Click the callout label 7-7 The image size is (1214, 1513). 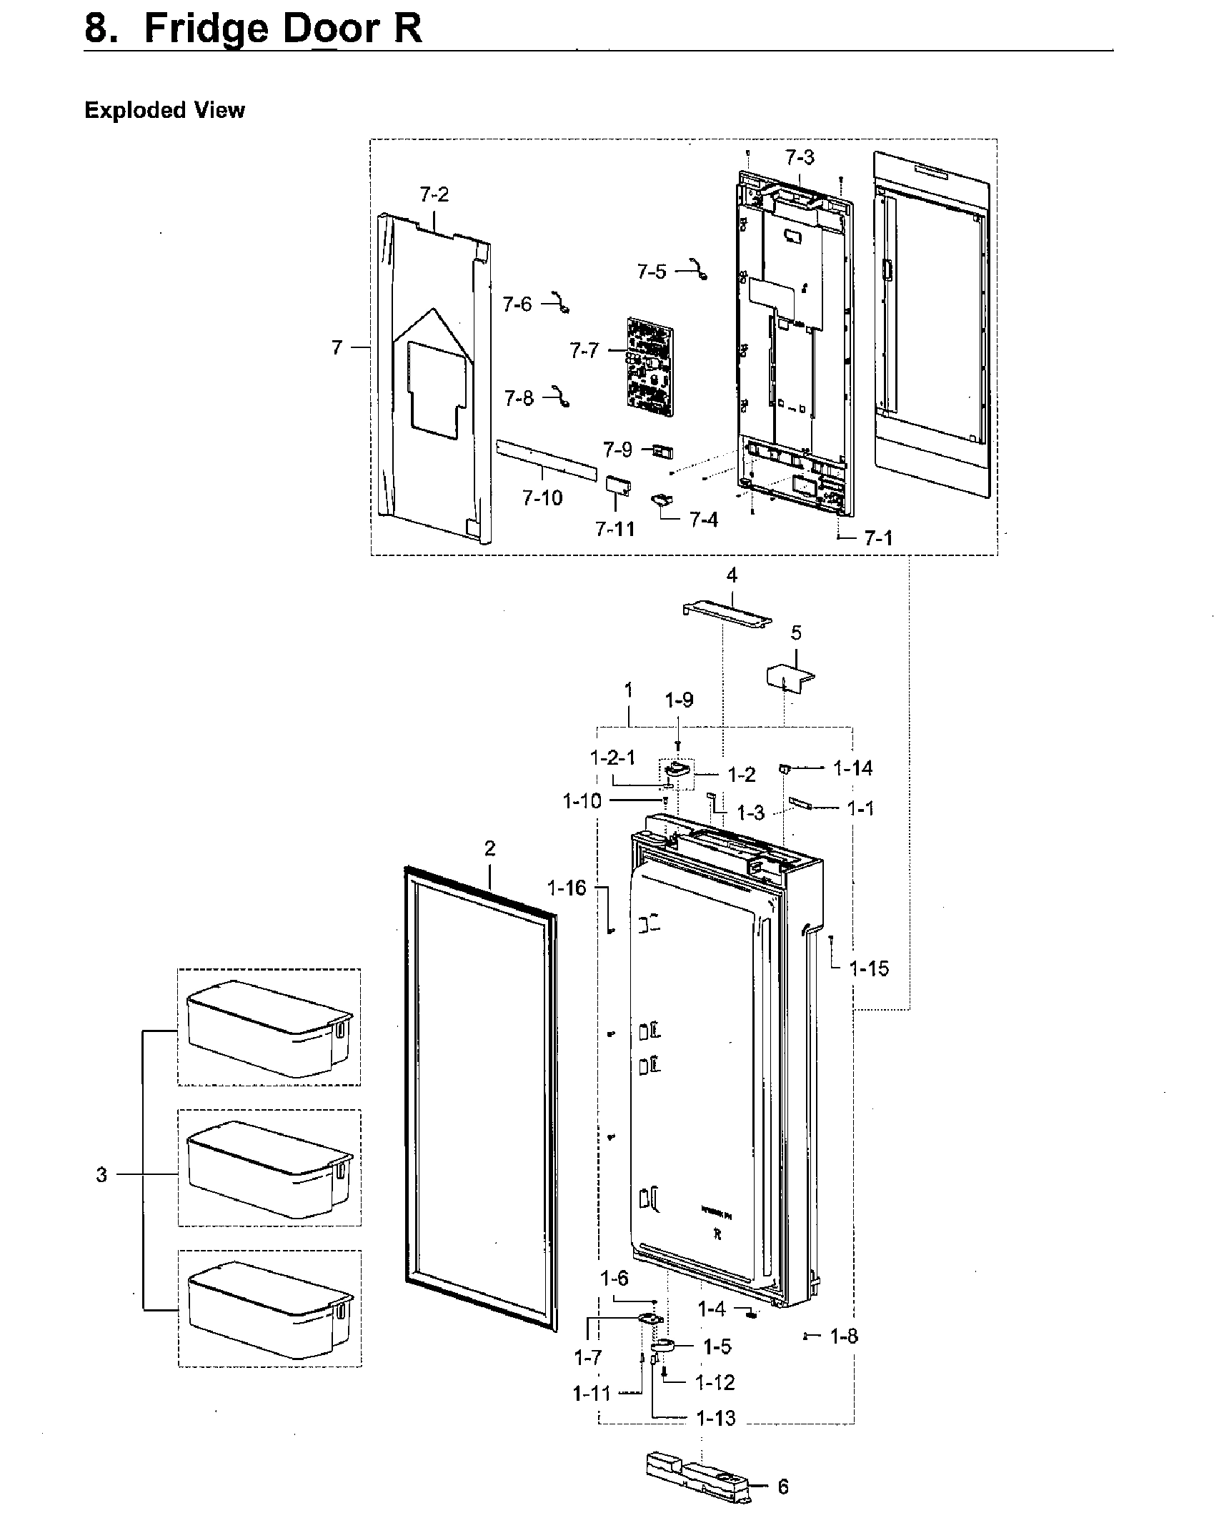[583, 351]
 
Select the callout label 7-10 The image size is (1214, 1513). [542, 498]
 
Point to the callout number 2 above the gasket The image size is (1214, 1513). [489, 848]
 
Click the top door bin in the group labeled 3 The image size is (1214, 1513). [269, 1028]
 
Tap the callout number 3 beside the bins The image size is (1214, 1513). [101, 1174]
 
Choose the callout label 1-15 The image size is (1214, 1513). [869, 969]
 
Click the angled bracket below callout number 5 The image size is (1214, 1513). [789, 676]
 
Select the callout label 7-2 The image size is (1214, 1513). [434, 194]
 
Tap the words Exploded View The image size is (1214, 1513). [164, 110]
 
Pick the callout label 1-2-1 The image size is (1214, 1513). [612, 758]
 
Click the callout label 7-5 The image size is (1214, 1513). [651, 272]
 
